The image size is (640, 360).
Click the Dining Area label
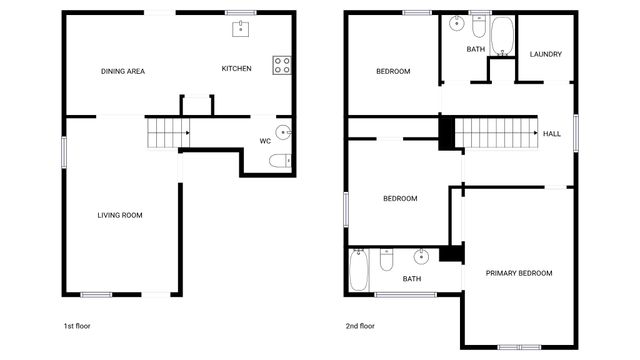(123, 70)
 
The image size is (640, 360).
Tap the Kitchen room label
(236, 68)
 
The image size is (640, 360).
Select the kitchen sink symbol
(241, 28)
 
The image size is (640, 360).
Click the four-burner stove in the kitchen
(282, 65)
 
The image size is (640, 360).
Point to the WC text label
(265, 141)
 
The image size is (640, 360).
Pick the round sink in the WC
(283, 131)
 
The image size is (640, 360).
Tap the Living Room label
(119, 215)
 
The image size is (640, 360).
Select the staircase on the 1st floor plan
(168, 131)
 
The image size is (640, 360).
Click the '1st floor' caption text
(77, 326)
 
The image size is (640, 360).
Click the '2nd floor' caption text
(360, 326)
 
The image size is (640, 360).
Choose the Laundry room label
(545, 54)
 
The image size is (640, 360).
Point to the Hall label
(552, 133)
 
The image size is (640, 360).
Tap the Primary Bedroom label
(519, 273)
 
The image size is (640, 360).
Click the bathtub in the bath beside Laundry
(502, 36)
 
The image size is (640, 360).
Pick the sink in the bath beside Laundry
(455, 22)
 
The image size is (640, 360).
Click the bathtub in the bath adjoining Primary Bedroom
(359, 270)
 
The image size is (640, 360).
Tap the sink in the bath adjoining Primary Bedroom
(421, 254)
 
